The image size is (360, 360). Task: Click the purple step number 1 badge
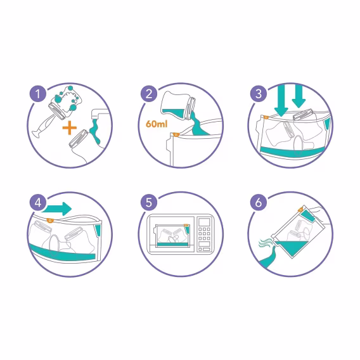click(x=39, y=95)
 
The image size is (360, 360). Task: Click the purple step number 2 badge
click(x=148, y=95)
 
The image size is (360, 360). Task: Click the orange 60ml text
click(x=154, y=125)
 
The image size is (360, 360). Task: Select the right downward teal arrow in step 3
click(x=299, y=96)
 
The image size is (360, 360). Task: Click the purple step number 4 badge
click(x=39, y=203)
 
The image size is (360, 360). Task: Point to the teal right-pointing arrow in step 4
click(x=61, y=209)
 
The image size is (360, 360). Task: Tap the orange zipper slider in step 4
click(x=50, y=221)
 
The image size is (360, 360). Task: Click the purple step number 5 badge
click(x=148, y=203)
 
